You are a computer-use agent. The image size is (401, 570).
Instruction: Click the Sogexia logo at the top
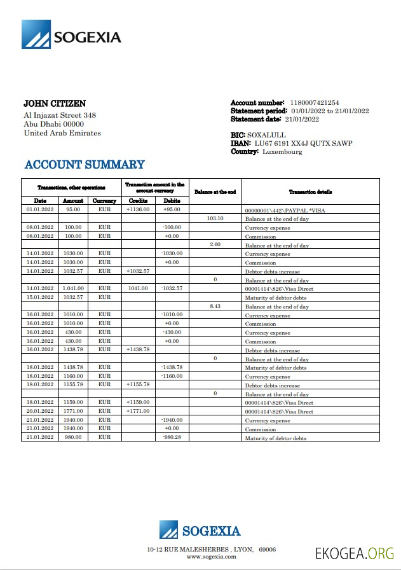pyautogui.click(x=71, y=35)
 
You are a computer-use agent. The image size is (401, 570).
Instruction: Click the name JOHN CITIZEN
pyautogui.click(x=55, y=103)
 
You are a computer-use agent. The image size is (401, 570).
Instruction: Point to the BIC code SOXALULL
pyautogui.click(x=267, y=135)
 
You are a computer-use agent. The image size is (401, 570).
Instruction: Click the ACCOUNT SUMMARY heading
pyautogui.click(x=85, y=165)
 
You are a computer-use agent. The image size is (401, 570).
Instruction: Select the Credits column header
pyautogui.click(x=138, y=200)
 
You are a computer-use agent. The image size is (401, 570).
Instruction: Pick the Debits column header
pyautogui.click(x=172, y=200)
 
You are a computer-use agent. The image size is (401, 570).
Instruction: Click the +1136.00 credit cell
pyautogui.click(x=138, y=209)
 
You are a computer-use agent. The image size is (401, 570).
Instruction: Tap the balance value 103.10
pyautogui.click(x=215, y=218)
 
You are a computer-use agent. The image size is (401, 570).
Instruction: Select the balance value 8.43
pyautogui.click(x=215, y=306)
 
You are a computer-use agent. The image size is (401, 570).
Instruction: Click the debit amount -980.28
pyautogui.click(x=172, y=437)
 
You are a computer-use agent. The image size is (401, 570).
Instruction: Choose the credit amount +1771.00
pyautogui.click(x=138, y=411)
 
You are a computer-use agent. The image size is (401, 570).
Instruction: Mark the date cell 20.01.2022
pyautogui.click(x=39, y=411)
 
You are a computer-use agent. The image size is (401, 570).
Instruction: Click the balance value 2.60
pyautogui.click(x=215, y=244)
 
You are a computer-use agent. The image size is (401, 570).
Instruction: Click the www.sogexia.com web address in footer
pyautogui.click(x=211, y=557)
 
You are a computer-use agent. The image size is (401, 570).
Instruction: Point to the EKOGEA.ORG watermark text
pyautogui.click(x=355, y=553)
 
